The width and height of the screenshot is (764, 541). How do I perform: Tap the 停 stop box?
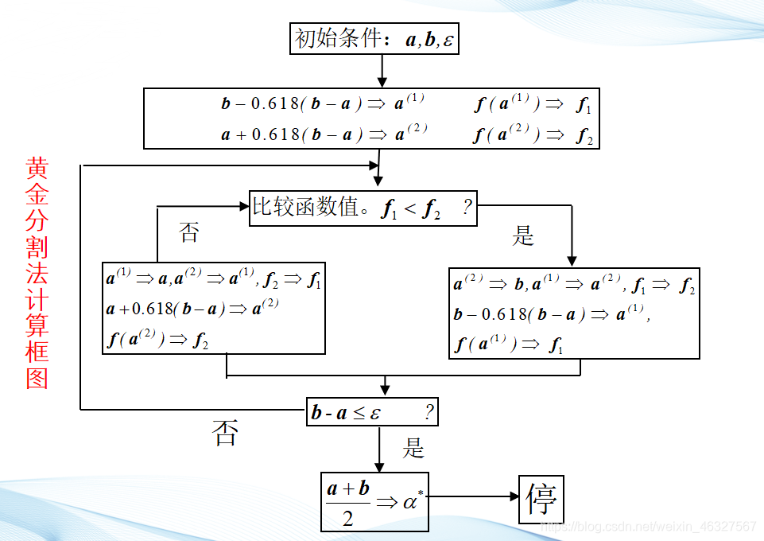click(541, 500)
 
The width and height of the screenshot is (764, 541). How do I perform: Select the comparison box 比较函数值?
click(363, 209)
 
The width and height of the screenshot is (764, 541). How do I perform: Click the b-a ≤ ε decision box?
click(372, 412)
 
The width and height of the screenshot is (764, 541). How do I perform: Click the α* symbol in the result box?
click(410, 501)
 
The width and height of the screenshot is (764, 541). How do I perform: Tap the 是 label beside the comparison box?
click(523, 236)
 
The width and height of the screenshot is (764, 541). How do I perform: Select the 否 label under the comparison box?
click(189, 233)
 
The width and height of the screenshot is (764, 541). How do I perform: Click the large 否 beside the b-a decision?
click(225, 434)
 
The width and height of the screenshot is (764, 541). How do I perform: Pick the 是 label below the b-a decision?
click(413, 449)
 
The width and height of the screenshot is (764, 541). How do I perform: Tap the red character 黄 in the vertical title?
click(37, 169)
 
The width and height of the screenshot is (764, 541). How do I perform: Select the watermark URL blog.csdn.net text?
click(647, 527)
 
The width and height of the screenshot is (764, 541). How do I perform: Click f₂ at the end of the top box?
click(584, 136)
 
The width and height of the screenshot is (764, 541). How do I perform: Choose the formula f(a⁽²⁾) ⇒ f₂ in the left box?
click(157, 340)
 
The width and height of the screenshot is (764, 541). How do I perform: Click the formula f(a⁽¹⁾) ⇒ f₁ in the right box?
click(509, 344)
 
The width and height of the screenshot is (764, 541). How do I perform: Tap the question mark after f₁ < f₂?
click(468, 208)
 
